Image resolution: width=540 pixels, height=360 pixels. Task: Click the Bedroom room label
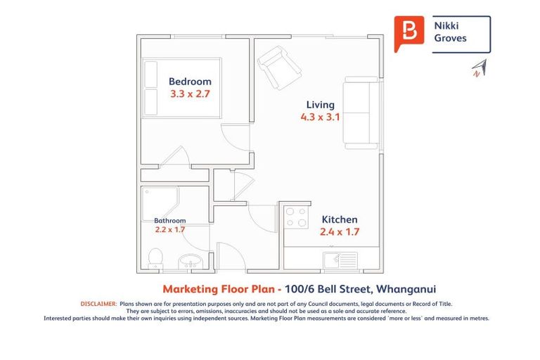pyautogui.click(x=190, y=82)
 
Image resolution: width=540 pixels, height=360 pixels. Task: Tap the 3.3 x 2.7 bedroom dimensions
pyautogui.click(x=190, y=93)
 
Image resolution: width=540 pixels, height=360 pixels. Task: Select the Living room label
pyautogui.click(x=320, y=105)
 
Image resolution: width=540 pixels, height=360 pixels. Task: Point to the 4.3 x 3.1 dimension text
pyautogui.click(x=320, y=117)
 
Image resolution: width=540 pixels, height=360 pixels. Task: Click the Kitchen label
pyautogui.click(x=339, y=220)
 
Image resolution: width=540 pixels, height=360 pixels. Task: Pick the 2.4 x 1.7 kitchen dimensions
pyautogui.click(x=339, y=232)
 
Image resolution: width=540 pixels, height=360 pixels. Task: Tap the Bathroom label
pyautogui.click(x=170, y=220)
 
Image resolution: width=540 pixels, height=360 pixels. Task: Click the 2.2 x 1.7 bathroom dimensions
pyautogui.click(x=170, y=229)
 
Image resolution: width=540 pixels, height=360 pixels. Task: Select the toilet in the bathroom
pyautogui.click(x=156, y=258)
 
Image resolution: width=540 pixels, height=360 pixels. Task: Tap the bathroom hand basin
pyautogui.click(x=191, y=262)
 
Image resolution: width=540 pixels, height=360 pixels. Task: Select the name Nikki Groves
pyautogui.click(x=451, y=32)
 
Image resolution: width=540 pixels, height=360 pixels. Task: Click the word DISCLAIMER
pyautogui.click(x=98, y=303)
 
